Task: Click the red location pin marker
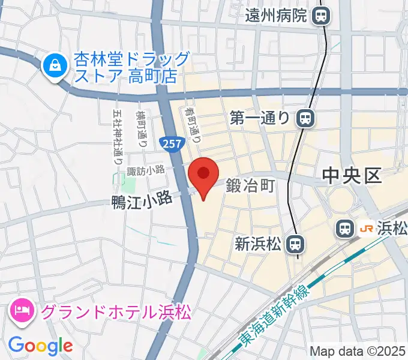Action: point(203,175)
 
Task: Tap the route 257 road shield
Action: point(169,143)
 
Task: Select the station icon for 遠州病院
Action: point(322,16)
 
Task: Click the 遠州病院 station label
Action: point(277,16)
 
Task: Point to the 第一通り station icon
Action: point(307,118)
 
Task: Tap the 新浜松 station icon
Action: point(293,244)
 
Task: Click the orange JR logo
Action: point(365,228)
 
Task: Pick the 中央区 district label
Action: point(352,175)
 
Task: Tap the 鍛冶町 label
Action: point(250,187)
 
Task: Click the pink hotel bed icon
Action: point(22,311)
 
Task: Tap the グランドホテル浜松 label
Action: point(116,312)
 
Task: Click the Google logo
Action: point(40,346)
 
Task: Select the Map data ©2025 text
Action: point(358,351)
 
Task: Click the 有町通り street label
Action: point(193,123)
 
